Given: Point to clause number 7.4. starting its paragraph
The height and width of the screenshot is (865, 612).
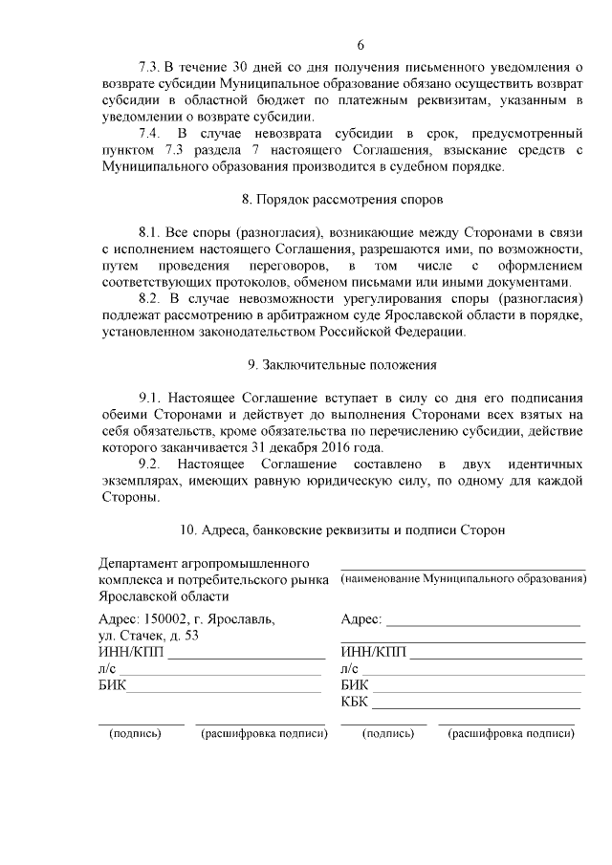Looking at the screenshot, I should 153,131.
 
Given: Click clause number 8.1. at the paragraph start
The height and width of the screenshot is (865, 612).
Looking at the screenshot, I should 153,232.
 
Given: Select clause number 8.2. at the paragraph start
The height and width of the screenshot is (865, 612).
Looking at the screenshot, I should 153,298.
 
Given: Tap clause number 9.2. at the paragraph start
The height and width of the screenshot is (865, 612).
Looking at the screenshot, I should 153,464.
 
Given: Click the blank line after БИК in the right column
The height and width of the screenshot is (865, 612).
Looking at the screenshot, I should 475,686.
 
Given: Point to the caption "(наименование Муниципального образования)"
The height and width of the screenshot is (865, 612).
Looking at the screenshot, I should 464,579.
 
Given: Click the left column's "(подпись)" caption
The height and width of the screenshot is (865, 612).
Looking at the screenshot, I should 137,734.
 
